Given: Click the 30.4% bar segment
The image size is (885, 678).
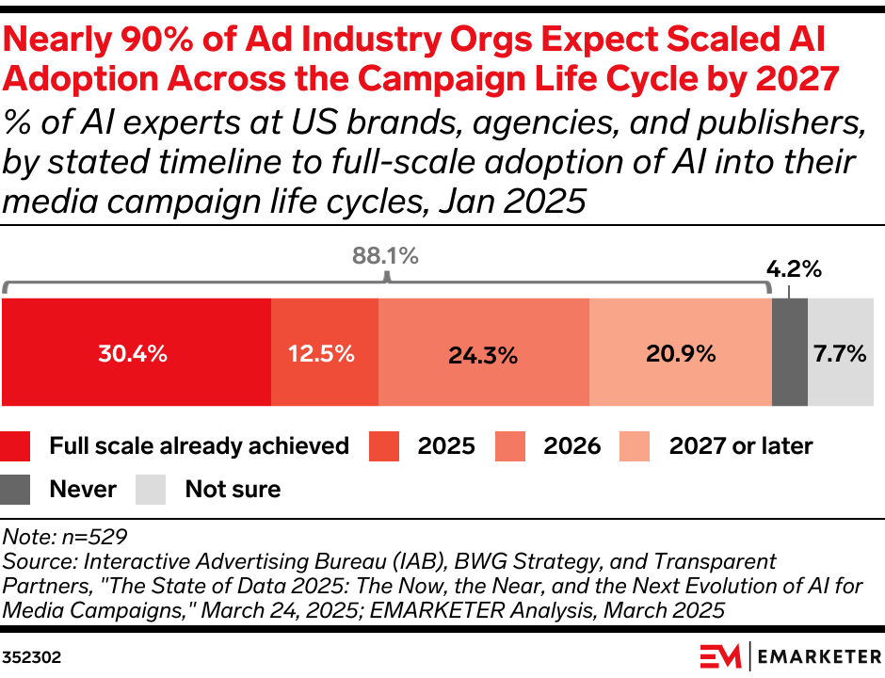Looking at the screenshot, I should coord(137,353).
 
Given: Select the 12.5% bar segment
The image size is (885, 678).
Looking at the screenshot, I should coord(325,353).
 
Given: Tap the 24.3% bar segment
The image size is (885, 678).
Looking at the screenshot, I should coord(484,353).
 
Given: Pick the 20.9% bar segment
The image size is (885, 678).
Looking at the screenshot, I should coord(681,353).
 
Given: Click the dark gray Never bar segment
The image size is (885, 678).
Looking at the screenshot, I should coord(790,353).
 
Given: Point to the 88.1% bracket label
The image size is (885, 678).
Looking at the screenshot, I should coord(385,255).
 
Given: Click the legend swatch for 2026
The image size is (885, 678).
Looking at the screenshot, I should coord(511,445).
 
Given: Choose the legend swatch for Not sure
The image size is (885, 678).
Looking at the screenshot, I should coord(152,489).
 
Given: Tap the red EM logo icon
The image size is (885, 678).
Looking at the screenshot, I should coord(720,654).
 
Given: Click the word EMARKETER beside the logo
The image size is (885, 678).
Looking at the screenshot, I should coord(816,654).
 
